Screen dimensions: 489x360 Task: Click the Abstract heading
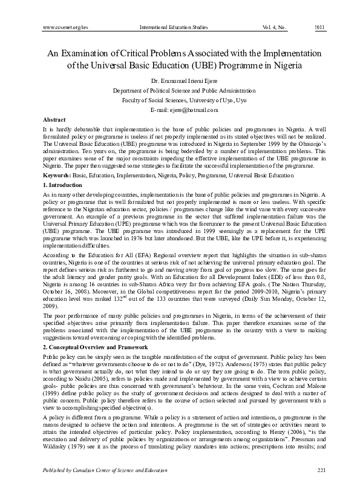pos(54,120)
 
